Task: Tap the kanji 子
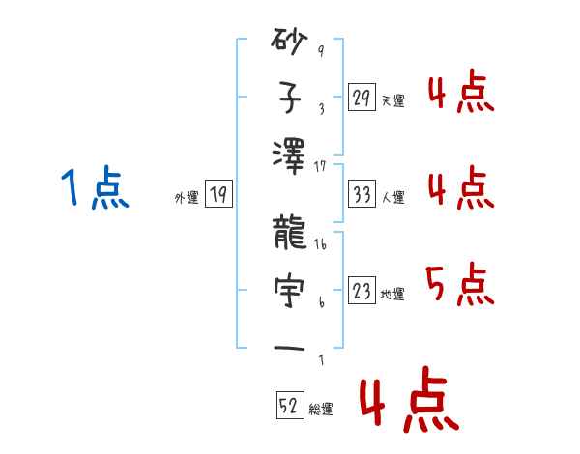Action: pyautogui.click(x=291, y=98)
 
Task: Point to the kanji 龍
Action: pyautogui.click(x=291, y=235)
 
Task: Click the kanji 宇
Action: pyautogui.click(x=291, y=291)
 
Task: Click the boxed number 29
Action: pyautogui.click(x=362, y=98)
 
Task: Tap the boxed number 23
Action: pyautogui.click(x=362, y=291)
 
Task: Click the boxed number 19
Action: pyautogui.click(x=218, y=195)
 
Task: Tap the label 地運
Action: pyautogui.click(x=392, y=295)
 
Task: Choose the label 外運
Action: pyautogui.click(x=187, y=198)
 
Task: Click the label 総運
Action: pyautogui.click(x=321, y=410)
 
